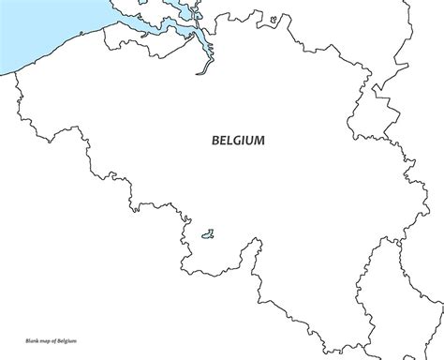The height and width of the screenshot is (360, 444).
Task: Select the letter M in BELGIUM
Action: [x=259, y=141]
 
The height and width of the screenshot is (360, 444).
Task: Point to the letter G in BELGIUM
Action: [x=239, y=141]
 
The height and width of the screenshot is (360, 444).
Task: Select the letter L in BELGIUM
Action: [x=231, y=141]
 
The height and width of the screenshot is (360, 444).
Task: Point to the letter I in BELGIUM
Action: [x=245, y=141]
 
